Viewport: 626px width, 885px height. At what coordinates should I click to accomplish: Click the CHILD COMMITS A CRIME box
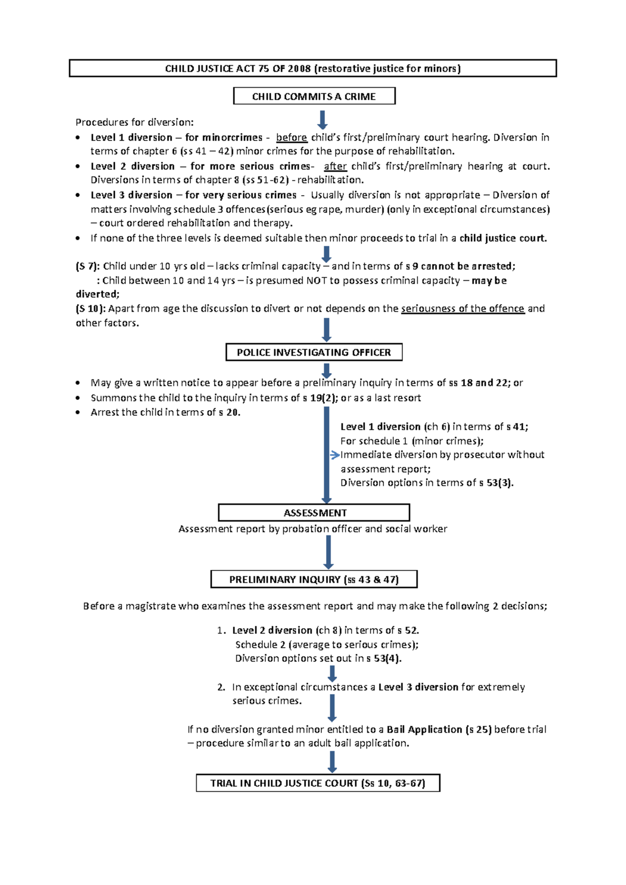click(314, 97)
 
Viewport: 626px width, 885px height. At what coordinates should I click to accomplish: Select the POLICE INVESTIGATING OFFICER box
click(314, 352)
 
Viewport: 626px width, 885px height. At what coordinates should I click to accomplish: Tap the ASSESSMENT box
click(314, 512)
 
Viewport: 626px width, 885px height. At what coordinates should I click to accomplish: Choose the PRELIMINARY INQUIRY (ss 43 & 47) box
click(314, 579)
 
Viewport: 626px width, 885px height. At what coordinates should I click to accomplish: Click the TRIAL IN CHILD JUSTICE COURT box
click(318, 783)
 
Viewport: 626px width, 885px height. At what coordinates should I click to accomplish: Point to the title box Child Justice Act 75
click(313, 68)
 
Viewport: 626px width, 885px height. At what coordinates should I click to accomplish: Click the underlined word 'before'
click(291, 138)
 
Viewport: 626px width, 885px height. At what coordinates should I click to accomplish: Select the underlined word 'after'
click(335, 166)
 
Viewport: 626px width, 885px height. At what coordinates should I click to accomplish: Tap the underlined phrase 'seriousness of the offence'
click(462, 308)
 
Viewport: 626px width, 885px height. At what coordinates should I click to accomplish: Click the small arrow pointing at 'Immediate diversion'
click(335, 455)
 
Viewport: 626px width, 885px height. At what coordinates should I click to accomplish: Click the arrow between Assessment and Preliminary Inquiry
click(328, 552)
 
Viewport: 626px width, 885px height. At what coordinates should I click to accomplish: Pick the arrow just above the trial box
click(332, 762)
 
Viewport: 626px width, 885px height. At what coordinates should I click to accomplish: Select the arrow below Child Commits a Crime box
click(322, 119)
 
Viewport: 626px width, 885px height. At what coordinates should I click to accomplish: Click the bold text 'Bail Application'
click(424, 729)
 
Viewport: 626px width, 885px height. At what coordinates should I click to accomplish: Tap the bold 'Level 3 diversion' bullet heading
click(131, 195)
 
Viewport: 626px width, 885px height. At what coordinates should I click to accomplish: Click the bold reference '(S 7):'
click(88, 266)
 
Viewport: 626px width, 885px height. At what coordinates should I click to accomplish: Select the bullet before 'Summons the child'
click(78, 398)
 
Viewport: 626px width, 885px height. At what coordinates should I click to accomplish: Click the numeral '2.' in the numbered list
click(221, 687)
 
